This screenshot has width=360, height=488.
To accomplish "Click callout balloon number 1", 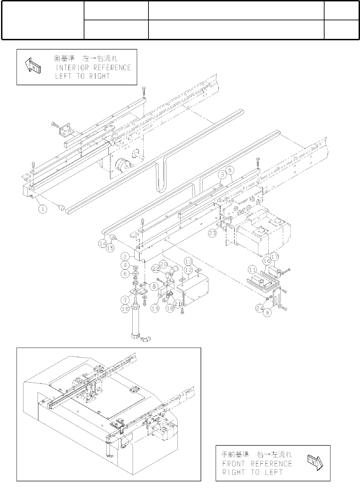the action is [x=42, y=209].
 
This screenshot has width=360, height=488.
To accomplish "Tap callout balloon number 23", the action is [x=213, y=233].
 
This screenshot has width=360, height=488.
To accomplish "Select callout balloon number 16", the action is [x=125, y=309].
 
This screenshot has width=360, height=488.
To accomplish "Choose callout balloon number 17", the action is [x=274, y=256].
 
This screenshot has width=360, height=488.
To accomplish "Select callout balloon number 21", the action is [x=177, y=304].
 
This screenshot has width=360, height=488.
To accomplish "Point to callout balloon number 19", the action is [x=155, y=308].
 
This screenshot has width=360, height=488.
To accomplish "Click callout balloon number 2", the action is [x=125, y=257].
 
